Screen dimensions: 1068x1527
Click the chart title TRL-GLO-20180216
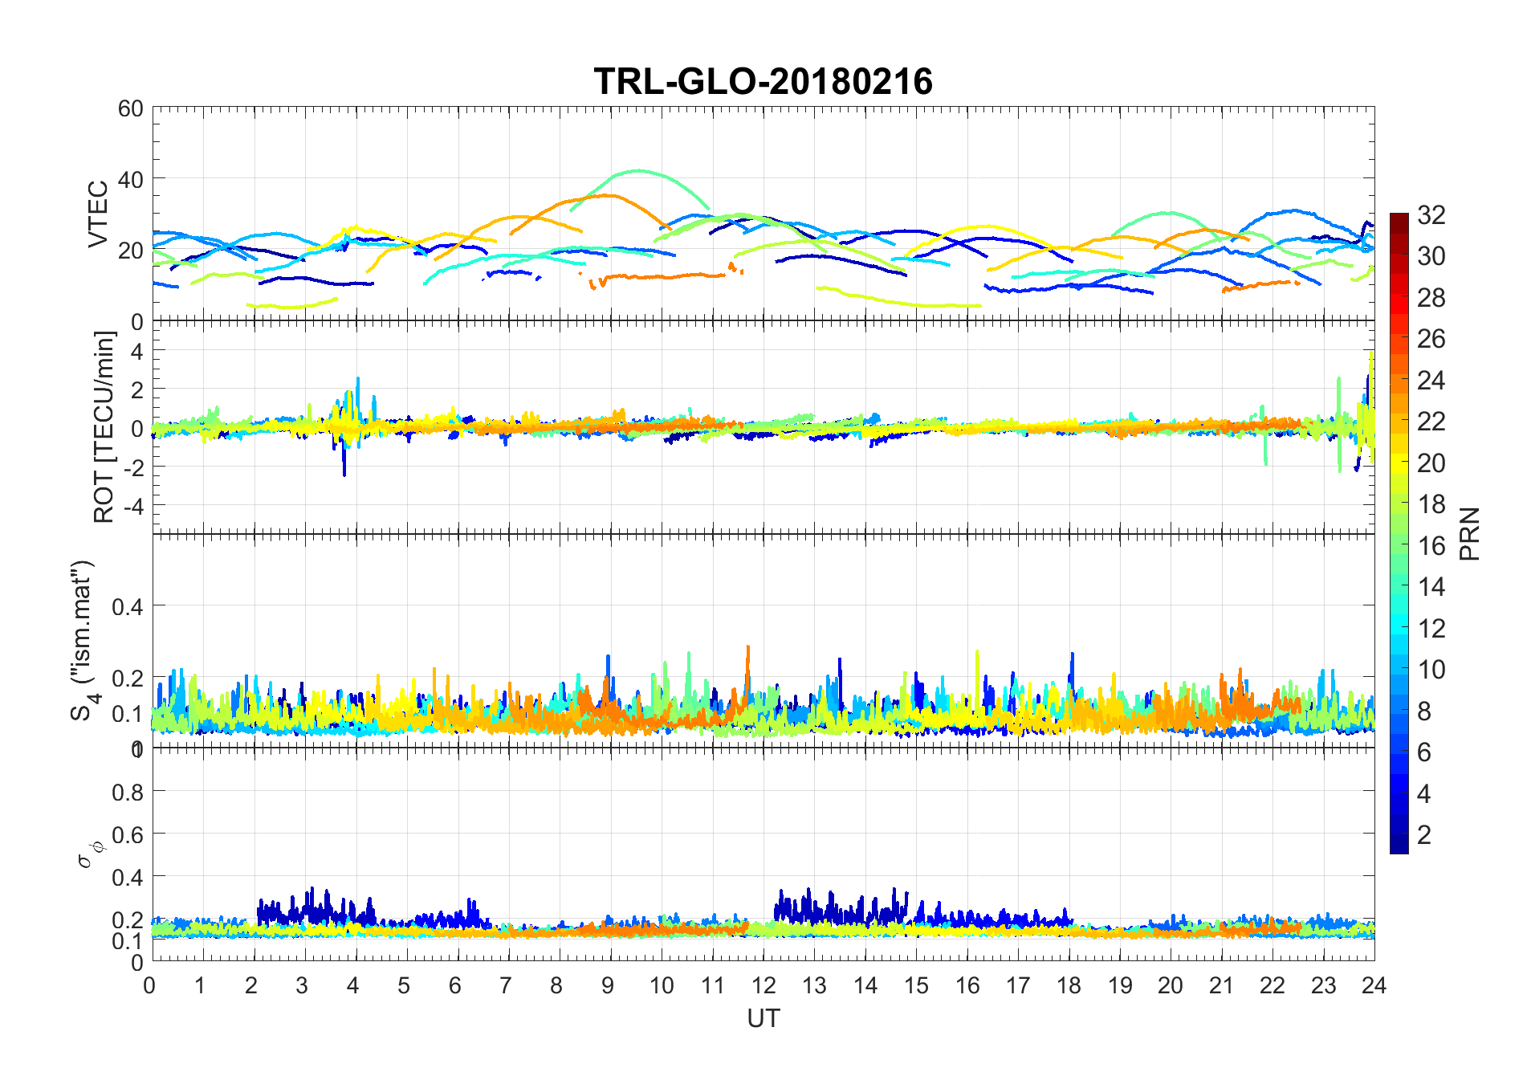pos(763,82)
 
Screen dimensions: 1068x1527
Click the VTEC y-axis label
pos(98,214)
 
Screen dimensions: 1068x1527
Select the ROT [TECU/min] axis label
pos(104,427)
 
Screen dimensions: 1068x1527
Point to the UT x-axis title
pos(763,1018)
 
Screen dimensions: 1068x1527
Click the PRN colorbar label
pos(1469,533)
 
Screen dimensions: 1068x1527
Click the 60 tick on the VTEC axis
pos(131,108)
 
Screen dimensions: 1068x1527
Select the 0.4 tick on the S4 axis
pos(128,606)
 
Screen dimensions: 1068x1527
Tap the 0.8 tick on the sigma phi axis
pos(128,793)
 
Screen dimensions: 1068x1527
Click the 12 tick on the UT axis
pos(763,985)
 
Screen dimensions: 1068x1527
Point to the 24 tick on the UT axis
pos(1374,985)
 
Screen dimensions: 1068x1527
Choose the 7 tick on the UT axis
pos(506,985)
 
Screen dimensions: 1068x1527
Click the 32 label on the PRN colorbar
pos(1431,214)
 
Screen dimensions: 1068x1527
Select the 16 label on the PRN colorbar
pos(1431,545)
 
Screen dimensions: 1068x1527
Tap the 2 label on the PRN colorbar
pos(1424,834)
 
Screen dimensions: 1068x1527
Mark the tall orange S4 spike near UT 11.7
pos(747,647)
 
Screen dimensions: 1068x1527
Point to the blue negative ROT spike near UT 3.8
pos(344,474)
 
